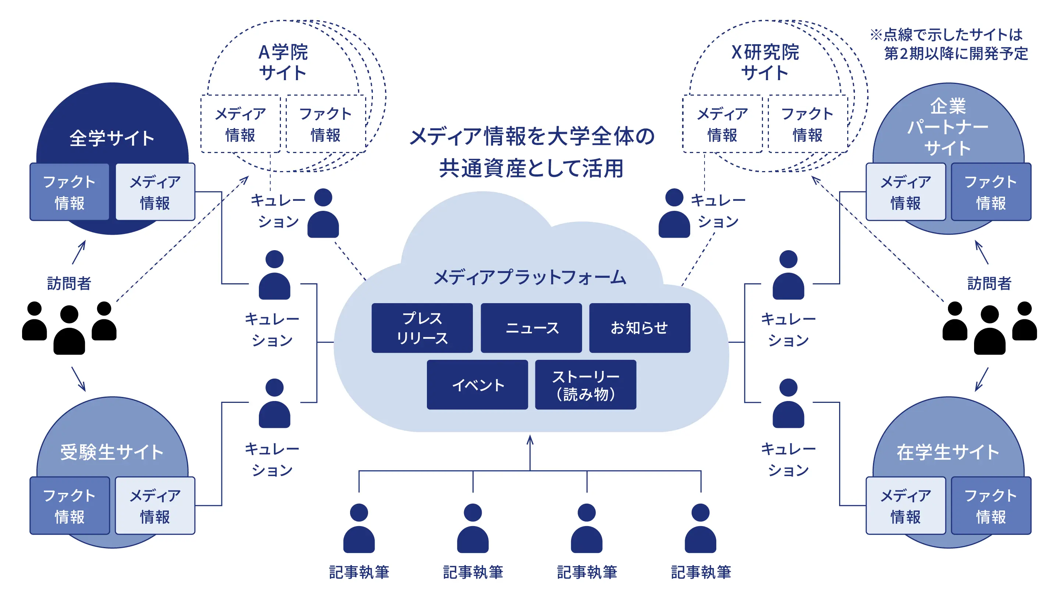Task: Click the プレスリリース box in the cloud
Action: pos(422,328)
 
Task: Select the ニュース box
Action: pos(531,328)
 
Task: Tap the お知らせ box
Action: pos(640,328)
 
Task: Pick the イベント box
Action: pos(477,384)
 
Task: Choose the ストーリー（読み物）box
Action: pos(585,384)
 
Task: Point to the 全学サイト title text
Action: pos(112,138)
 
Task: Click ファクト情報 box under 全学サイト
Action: pos(69,192)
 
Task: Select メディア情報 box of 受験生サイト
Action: pos(155,505)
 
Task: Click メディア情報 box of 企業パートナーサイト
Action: pos(906,192)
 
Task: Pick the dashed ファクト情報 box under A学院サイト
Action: pos(325,124)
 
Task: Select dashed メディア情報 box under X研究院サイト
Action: pos(722,124)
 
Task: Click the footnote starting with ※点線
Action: pos(950,44)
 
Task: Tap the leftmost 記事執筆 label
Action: pos(359,572)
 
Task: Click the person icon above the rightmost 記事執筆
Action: pos(700,528)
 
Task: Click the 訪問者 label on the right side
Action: pos(989,283)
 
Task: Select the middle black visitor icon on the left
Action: pos(69,330)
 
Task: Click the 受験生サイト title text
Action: pos(112,452)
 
